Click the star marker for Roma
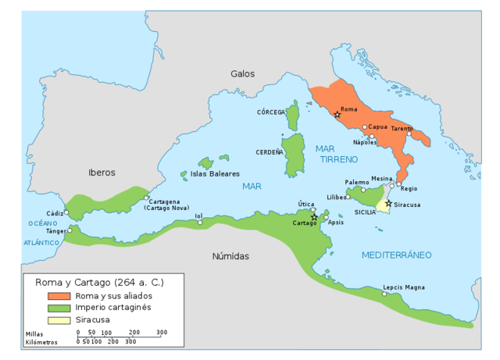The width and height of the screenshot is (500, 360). tap(337, 115)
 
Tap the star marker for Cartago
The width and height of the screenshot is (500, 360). tap(314, 217)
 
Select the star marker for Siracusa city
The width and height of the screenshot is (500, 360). tap(388, 203)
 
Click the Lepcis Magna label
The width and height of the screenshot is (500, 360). tap(404, 287)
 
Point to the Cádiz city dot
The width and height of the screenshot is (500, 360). tap(66, 212)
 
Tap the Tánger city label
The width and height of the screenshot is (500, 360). tap(56, 231)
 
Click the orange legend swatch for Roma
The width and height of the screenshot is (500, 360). tap(59, 297)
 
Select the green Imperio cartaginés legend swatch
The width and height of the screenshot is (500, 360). tap(59, 308)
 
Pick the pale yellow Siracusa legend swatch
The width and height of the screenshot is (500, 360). tap(59, 320)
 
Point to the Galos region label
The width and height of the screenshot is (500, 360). tap(242, 73)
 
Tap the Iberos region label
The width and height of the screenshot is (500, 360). tap(102, 172)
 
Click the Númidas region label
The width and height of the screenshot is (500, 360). tap(230, 256)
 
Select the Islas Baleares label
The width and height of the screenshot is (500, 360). tap(215, 173)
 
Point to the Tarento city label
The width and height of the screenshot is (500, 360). tap(402, 128)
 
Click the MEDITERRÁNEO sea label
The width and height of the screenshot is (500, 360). tap(396, 255)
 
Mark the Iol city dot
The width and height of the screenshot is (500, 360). tap(200, 223)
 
